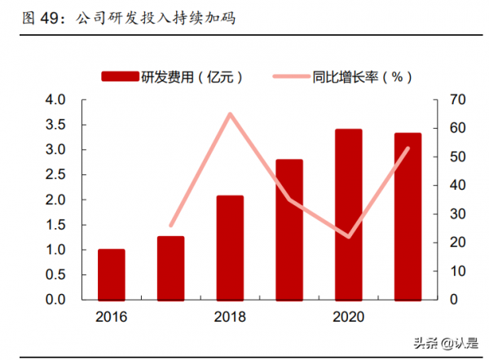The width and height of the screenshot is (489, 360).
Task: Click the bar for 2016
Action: coord(112,274)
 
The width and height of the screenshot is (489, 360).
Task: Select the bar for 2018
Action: coord(230,248)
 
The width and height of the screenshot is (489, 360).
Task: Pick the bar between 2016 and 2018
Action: coord(170,268)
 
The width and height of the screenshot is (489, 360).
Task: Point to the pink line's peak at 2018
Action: coord(230,114)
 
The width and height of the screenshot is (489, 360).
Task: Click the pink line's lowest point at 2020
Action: coord(348,237)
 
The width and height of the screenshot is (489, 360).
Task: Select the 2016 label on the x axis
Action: coord(112,315)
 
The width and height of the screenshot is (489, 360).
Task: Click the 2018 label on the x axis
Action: coord(230,315)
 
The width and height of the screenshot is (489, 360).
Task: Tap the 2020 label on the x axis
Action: coord(348,315)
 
